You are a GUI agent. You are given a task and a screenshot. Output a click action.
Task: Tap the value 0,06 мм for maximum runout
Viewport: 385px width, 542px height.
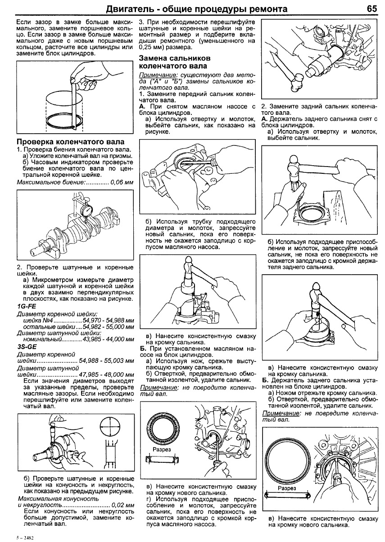[122, 182]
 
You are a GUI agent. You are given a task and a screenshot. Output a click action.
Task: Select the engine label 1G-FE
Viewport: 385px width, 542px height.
[26, 306]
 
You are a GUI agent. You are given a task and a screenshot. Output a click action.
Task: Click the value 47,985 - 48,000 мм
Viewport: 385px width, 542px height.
[106, 375]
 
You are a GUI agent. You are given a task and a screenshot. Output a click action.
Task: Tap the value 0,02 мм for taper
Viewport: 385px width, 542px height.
[122, 505]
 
